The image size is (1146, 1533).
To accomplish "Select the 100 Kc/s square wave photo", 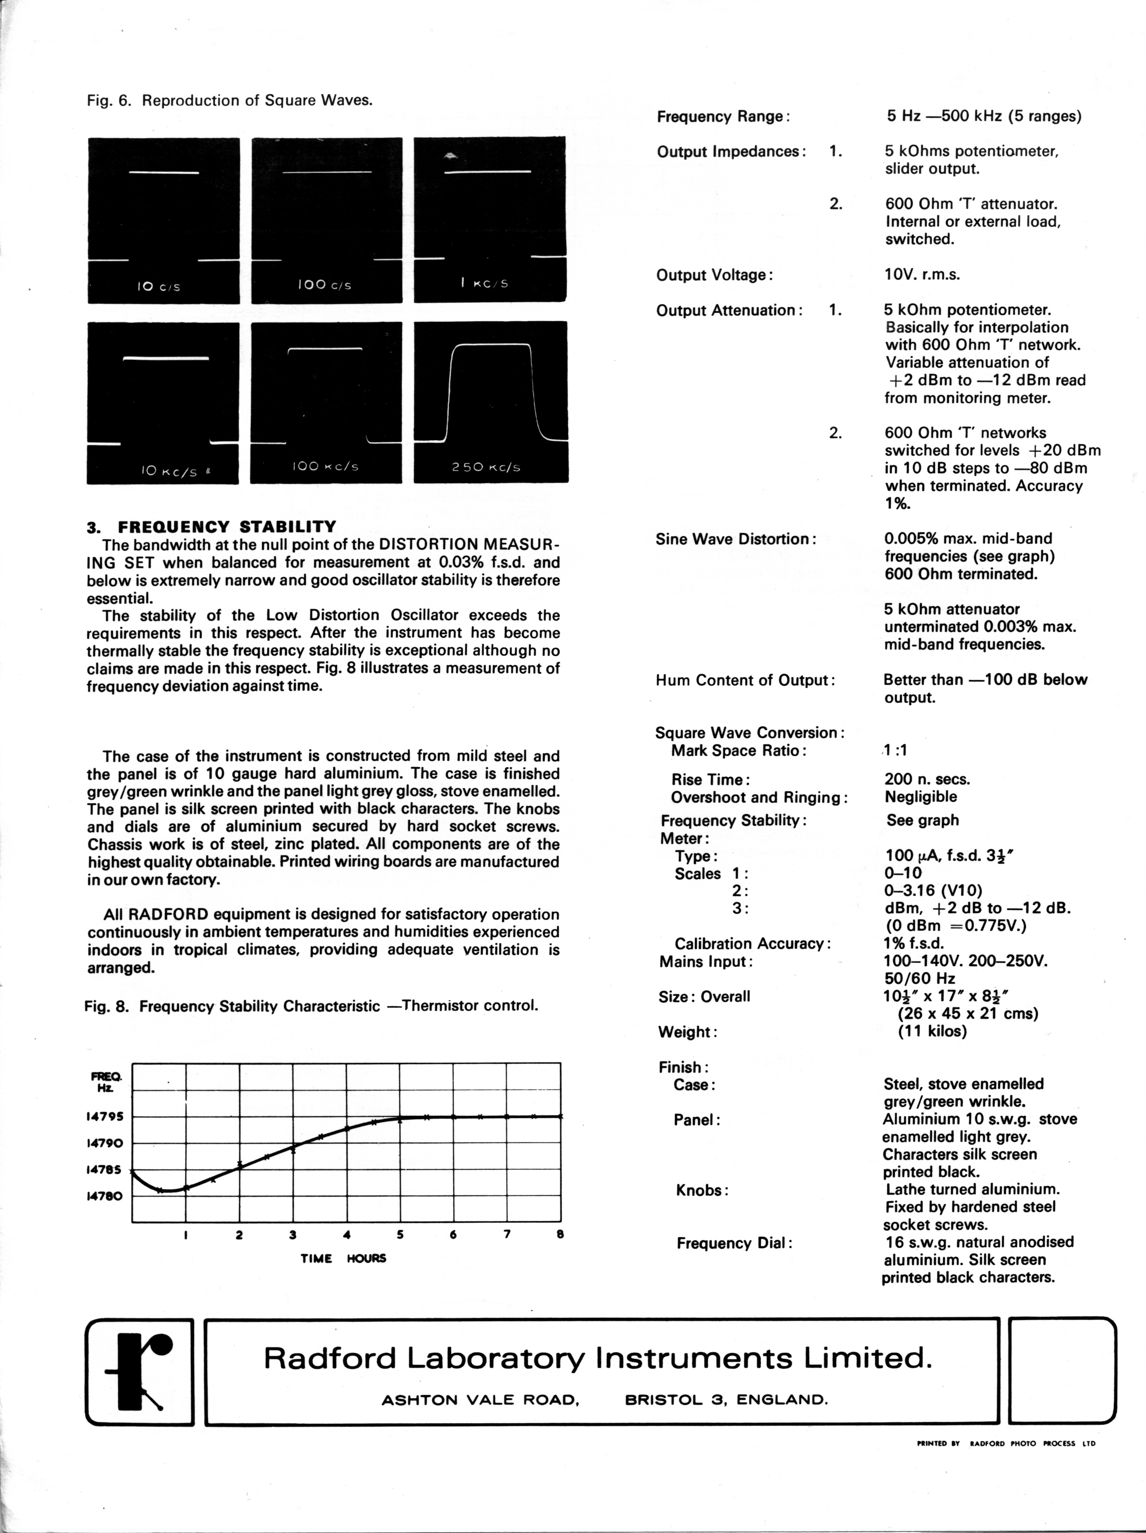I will tap(326, 402).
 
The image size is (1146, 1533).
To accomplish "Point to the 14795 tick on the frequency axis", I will tap(105, 1116).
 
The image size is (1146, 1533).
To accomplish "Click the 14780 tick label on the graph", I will tap(105, 1196).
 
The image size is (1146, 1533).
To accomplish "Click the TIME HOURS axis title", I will tap(343, 1258).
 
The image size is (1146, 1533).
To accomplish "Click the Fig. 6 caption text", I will tap(229, 101).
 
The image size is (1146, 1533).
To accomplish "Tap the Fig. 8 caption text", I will tap(311, 1006).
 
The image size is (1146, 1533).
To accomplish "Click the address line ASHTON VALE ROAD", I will tap(480, 1400).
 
